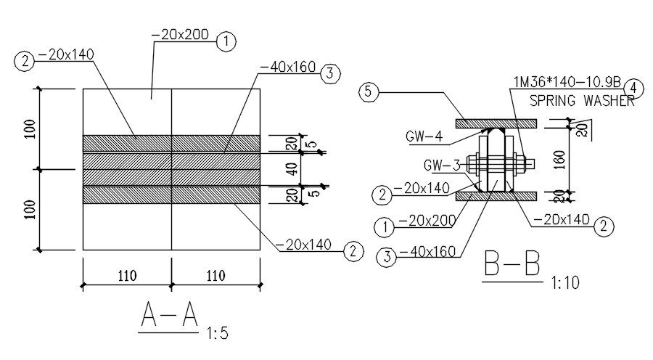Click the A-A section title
(x=169, y=314)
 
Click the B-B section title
(x=512, y=263)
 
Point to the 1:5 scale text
(x=218, y=333)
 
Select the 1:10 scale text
(x=565, y=283)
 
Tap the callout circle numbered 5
(x=369, y=91)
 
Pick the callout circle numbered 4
(x=633, y=89)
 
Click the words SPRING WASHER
(x=582, y=101)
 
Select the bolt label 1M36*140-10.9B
(x=567, y=82)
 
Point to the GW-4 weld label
(x=424, y=136)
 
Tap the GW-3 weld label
(x=442, y=165)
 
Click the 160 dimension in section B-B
(x=561, y=160)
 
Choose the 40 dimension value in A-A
(x=293, y=168)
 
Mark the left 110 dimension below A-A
(x=127, y=275)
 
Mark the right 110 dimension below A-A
(x=215, y=275)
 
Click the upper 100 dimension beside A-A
(x=30, y=128)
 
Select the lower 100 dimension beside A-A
(x=30, y=209)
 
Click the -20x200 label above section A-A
(x=181, y=35)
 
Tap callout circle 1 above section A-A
(x=226, y=41)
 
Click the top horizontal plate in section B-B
(x=496, y=123)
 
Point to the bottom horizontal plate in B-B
(x=496, y=196)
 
